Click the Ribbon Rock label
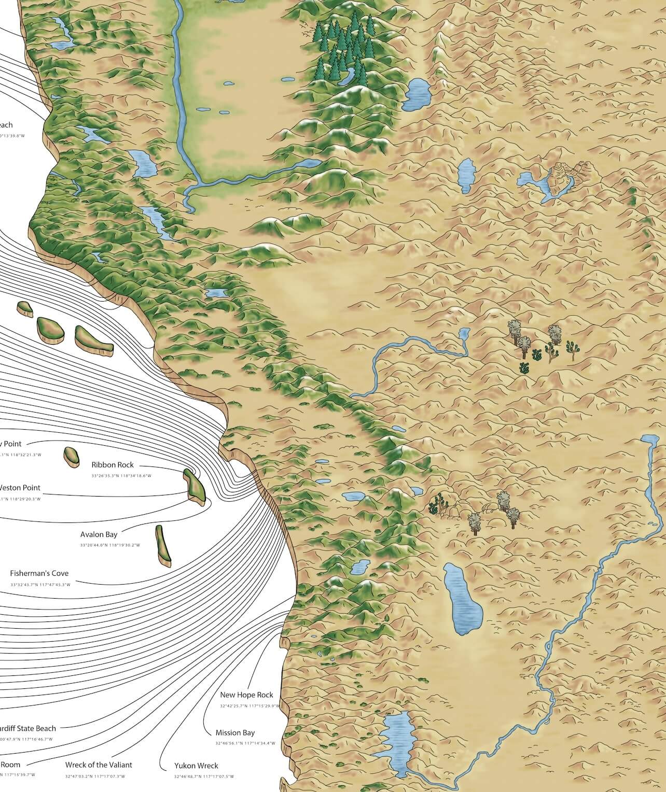point(113,465)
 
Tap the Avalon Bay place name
point(99,534)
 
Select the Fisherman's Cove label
point(39,574)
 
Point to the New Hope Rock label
point(246,695)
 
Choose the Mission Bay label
point(235,733)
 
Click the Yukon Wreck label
point(197,766)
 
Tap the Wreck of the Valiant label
point(99,765)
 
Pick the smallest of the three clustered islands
point(24,309)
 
